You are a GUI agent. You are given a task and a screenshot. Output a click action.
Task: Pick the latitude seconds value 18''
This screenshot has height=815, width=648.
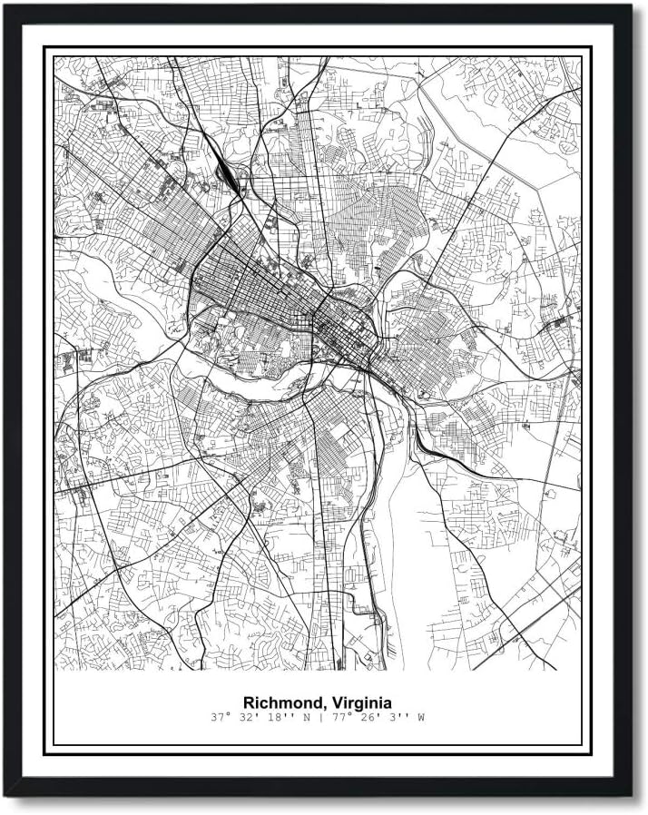(x=273, y=718)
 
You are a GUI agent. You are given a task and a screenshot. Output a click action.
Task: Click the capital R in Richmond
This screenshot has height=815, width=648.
(x=248, y=702)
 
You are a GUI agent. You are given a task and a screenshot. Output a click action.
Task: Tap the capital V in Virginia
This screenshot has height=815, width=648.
(x=338, y=702)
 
